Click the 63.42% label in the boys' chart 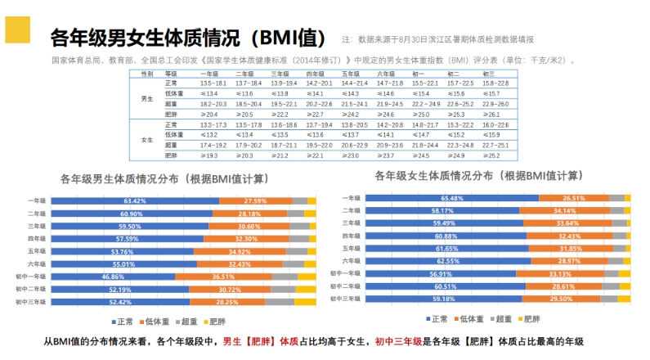pos(135,200)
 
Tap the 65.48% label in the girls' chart pos(452,198)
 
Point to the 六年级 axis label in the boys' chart pos(37,264)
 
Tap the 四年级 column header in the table pos(316,74)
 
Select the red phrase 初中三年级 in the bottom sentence pos(398,341)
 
